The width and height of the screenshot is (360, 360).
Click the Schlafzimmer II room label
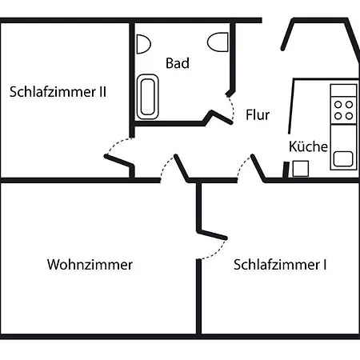point(58,92)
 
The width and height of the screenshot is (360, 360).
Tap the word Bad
point(178,63)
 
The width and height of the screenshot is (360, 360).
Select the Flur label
point(258,115)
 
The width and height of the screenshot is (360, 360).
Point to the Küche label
point(308,146)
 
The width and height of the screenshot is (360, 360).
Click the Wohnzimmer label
point(90,265)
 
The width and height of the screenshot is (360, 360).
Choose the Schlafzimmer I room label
point(280,265)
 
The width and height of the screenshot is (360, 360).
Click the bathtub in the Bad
point(147,97)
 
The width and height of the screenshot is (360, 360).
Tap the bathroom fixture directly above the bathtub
point(144,44)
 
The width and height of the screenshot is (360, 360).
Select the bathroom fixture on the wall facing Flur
point(218,42)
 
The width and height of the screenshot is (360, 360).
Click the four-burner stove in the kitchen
point(343,110)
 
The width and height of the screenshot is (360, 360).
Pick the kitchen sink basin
point(343,158)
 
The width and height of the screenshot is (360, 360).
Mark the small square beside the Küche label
point(301,169)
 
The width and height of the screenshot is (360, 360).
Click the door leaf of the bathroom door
point(222,117)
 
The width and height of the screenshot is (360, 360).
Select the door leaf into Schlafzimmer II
point(118,160)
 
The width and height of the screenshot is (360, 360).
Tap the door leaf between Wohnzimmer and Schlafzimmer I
point(213,235)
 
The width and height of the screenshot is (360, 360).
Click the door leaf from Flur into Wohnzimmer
point(182,168)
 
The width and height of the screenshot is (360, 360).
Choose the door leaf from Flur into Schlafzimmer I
point(258,168)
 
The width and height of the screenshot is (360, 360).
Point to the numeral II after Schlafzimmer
point(103,91)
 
